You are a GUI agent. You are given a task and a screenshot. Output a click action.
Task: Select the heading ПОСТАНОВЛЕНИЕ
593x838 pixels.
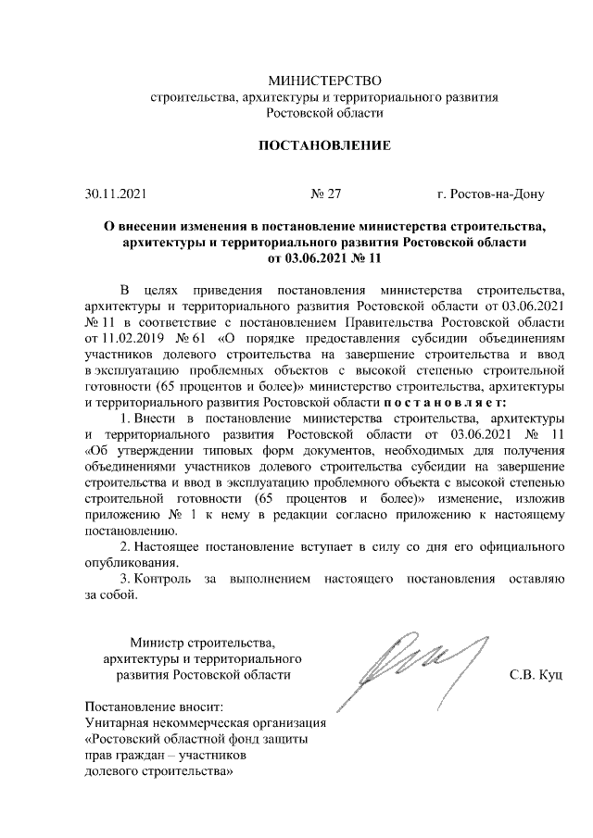tap(323, 146)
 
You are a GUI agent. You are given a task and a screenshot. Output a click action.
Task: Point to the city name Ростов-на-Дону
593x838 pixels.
tap(497, 195)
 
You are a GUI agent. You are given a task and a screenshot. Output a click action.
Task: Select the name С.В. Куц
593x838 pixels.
tap(536, 675)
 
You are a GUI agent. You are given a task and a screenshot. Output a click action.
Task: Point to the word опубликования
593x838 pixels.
tap(126, 562)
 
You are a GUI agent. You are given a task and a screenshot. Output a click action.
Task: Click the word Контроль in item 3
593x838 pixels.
tap(163, 579)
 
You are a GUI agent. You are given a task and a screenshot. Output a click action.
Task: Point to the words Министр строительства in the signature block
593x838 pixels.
tap(203, 642)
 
